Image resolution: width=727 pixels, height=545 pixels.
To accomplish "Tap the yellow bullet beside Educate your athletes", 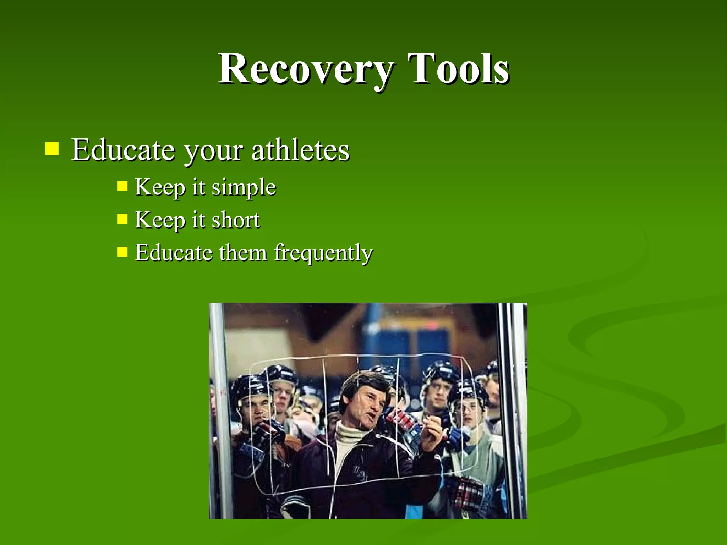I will tap(52, 149).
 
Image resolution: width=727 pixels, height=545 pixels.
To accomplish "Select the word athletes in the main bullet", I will tap(300, 150).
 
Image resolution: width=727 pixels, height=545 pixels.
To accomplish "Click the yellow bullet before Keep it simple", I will tap(122, 186).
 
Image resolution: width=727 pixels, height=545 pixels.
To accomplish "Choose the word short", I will tap(236, 220).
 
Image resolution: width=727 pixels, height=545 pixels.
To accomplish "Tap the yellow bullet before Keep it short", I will tap(122, 219).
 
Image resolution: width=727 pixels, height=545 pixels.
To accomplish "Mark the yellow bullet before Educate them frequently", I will tap(122, 252).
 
